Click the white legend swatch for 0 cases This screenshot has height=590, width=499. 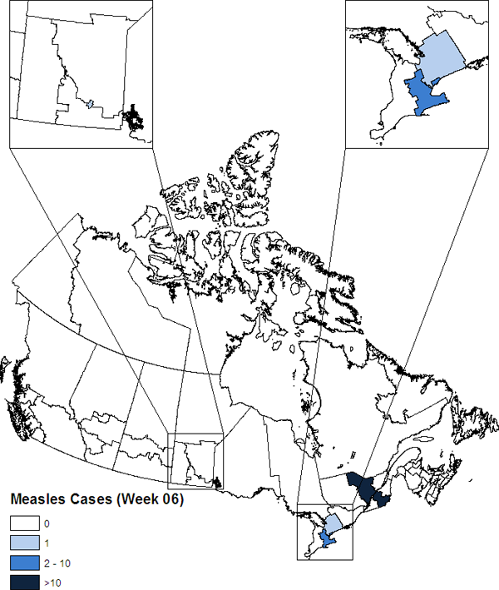tap(25, 524)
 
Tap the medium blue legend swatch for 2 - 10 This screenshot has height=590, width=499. tap(25, 563)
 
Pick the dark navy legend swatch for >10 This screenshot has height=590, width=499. tap(25, 582)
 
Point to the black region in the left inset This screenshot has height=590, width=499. tap(132, 117)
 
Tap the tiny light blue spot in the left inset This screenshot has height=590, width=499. tap(90, 105)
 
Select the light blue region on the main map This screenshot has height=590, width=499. tap(332, 523)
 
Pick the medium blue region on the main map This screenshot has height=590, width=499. tap(328, 537)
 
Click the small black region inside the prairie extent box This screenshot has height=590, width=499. tap(217, 481)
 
